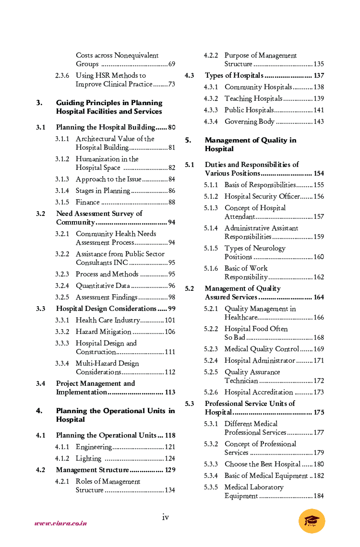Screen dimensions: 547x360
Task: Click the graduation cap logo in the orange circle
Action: (x=312, y=521)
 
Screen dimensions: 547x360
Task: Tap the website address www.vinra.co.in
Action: (x=60, y=523)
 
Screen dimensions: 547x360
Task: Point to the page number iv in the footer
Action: (x=165, y=517)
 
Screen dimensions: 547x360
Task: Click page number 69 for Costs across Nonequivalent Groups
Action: (x=171, y=64)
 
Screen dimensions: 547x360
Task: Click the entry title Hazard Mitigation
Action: (x=103, y=332)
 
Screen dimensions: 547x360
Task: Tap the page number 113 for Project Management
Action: (x=170, y=392)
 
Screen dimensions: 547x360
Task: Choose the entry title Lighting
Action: (x=88, y=459)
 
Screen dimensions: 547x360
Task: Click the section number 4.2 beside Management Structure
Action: (x=41, y=470)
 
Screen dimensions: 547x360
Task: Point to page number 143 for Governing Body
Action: (x=319, y=122)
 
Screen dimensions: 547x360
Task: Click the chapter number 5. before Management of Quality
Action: (x=188, y=141)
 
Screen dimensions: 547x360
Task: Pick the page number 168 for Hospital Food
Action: (x=319, y=338)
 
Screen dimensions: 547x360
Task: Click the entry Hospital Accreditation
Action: (x=258, y=392)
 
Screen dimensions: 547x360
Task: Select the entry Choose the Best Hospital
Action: (x=263, y=464)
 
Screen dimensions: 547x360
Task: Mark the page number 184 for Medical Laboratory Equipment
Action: (x=319, y=496)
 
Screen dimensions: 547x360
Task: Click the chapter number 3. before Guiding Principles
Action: (x=39, y=103)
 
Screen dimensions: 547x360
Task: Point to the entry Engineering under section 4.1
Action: (x=94, y=447)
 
